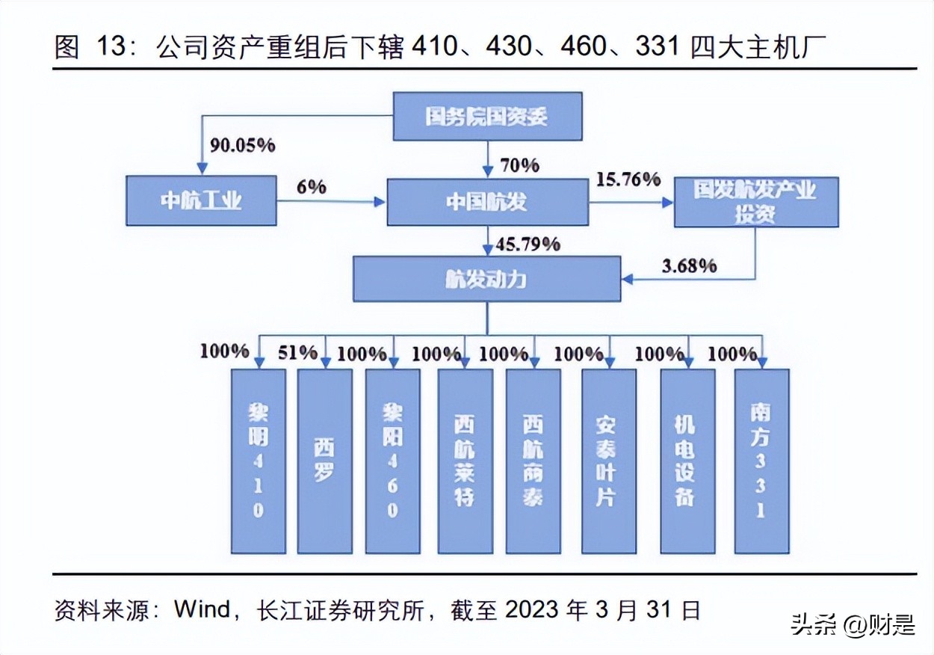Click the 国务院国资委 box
[487, 116]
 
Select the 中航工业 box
[200, 200]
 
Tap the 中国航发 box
[487, 200]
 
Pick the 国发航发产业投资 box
[755, 201]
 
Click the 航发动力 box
[486, 278]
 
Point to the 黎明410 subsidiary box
[258, 461]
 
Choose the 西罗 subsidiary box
[324, 461]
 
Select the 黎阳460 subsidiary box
[392, 461]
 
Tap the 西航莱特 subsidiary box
[465, 461]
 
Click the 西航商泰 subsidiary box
[533, 461]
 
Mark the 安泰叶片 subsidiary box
[609, 461]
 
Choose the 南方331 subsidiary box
[761, 461]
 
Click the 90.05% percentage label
[242, 145]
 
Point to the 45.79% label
[528, 243]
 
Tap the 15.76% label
[629, 179]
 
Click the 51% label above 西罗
[297, 352]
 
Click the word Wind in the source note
[202, 609]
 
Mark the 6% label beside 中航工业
[312, 186]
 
